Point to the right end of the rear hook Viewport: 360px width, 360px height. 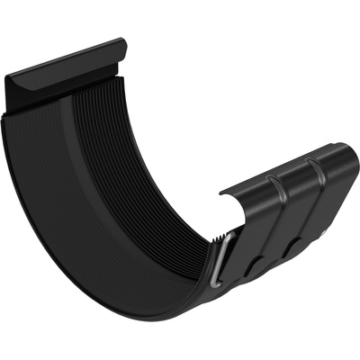122,45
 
